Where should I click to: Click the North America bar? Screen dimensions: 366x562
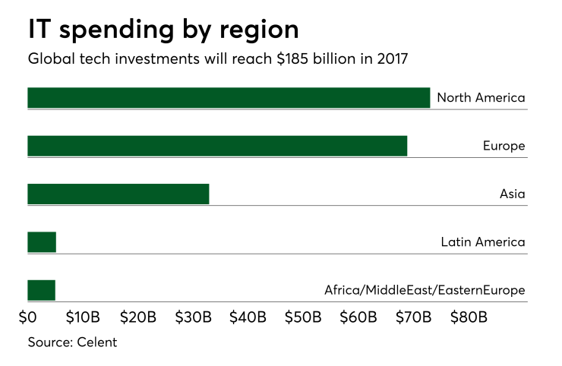228,98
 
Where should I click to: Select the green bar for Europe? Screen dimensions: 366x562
217,146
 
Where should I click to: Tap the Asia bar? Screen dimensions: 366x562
118,194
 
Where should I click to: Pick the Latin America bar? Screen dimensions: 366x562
42,242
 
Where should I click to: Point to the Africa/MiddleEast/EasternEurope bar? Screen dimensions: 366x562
41,290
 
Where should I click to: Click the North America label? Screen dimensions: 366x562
481,98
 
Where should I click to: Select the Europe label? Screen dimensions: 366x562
504,146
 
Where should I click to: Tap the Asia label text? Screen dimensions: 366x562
512,194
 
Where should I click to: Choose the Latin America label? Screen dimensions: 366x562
482,242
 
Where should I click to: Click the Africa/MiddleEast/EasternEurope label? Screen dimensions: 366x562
425,290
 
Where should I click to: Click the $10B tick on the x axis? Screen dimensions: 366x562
83,316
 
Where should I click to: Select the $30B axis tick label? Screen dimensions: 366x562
193,316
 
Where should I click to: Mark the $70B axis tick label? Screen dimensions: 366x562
414,316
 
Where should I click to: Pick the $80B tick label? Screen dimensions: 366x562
469,316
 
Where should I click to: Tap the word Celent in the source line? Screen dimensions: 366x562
96,342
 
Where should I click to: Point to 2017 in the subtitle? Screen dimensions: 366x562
390,59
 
